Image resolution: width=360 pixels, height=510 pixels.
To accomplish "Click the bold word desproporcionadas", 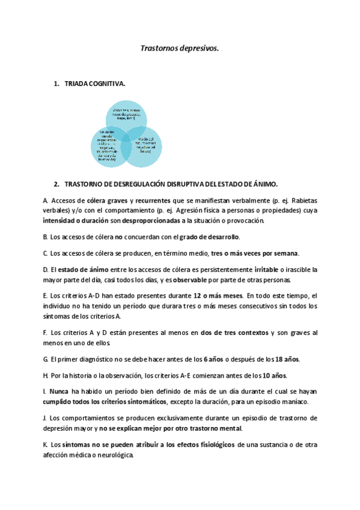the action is tap(149, 221).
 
